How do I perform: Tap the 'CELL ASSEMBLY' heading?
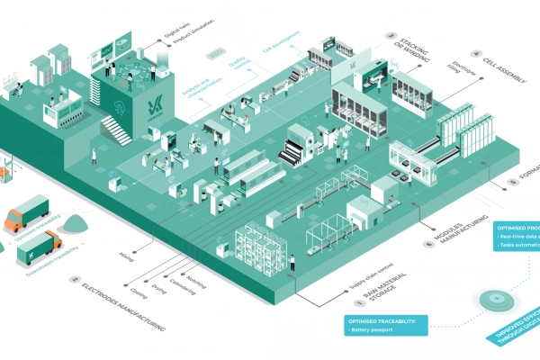498,67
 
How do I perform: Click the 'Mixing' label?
127,256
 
